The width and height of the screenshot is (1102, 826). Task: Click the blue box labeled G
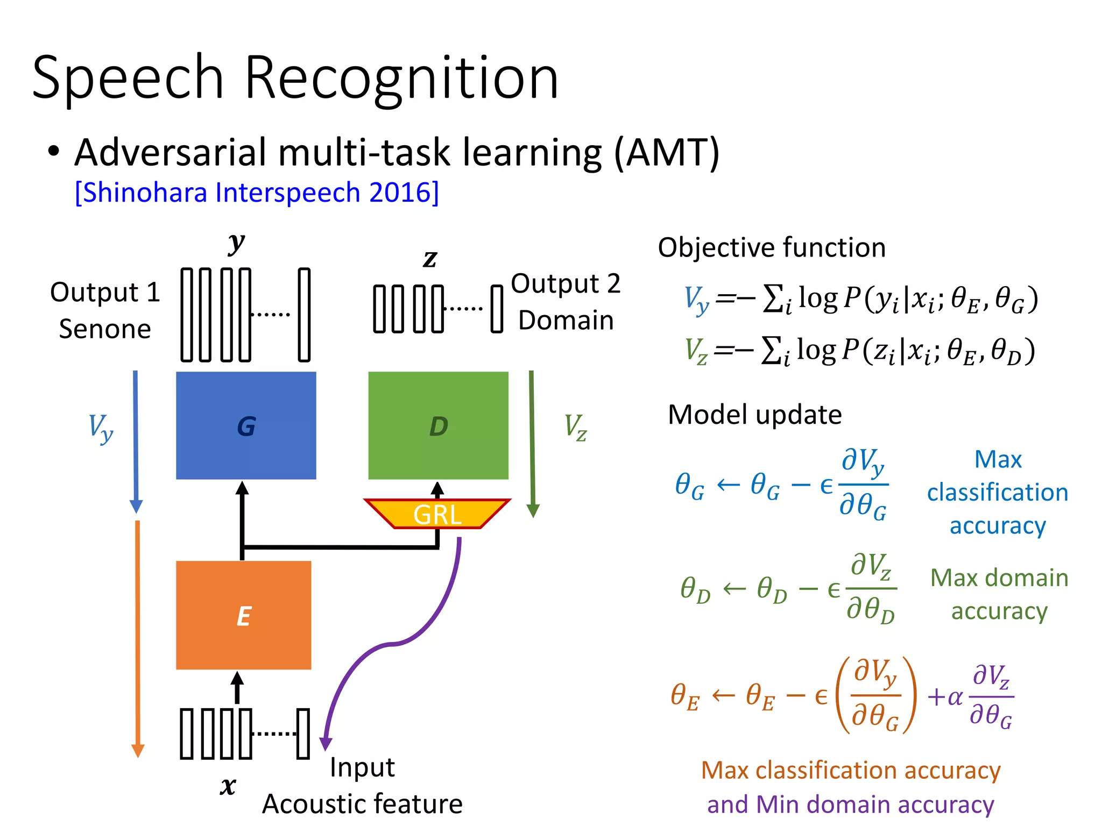coord(246,425)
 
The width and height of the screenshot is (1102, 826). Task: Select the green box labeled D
coord(438,425)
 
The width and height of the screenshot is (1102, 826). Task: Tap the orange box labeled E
coord(243,615)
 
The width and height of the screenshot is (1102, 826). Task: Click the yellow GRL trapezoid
coord(437,514)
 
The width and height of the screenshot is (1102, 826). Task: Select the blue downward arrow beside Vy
coord(136,441)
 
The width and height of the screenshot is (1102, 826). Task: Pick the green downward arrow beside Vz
coord(532,441)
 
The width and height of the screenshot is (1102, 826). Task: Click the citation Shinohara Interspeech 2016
coord(257,192)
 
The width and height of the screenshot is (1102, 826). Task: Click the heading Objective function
coord(771,247)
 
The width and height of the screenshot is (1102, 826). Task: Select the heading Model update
coord(754,415)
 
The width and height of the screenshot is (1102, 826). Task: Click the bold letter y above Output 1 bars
coord(236,243)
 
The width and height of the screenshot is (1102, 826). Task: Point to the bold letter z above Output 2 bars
coord(429,259)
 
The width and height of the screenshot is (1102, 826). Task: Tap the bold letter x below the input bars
coord(228,786)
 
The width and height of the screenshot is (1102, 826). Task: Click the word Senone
coord(105,329)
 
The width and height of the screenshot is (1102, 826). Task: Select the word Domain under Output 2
coord(566,320)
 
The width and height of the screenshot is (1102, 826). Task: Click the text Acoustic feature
coord(362,803)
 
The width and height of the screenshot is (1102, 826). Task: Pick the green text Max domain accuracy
coord(999,594)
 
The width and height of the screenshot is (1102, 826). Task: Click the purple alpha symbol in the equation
coord(955,697)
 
